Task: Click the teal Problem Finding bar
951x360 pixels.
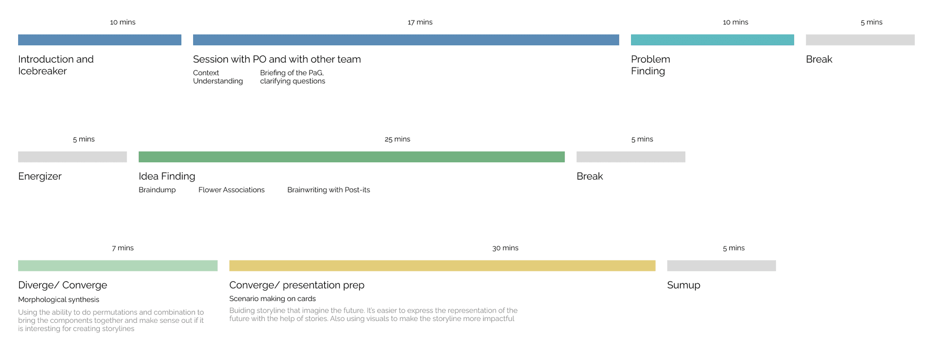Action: click(x=712, y=40)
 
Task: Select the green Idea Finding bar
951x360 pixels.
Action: click(x=352, y=157)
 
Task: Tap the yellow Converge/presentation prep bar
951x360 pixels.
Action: click(x=442, y=266)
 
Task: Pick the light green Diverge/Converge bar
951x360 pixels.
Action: click(x=118, y=266)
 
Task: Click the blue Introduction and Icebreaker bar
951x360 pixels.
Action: click(x=100, y=40)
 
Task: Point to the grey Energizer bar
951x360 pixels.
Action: click(x=72, y=157)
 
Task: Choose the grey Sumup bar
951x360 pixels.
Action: click(x=722, y=266)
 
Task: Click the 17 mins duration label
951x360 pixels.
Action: click(x=420, y=22)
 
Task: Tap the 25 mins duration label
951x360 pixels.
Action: click(x=397, y=139)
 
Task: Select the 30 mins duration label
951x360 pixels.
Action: click(x=505, y=248)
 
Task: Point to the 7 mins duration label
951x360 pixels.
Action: click(x=123, y=248)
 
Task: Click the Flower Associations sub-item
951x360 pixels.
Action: click(x=231, y=190)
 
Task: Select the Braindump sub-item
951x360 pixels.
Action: click(x=157, y=190)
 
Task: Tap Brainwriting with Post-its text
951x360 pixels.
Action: click(x=329, y=190)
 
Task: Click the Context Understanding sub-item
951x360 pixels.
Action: click(x=218, y=77)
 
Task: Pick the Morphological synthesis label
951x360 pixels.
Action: click(x=59, y=300)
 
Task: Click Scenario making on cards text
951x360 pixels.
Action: click(x=273, y=299)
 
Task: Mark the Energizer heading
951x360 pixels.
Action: click(x=40, y=176)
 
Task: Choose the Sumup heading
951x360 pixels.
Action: click(x=684, y=285)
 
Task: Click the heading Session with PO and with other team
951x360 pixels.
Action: click(x=277, y=59)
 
